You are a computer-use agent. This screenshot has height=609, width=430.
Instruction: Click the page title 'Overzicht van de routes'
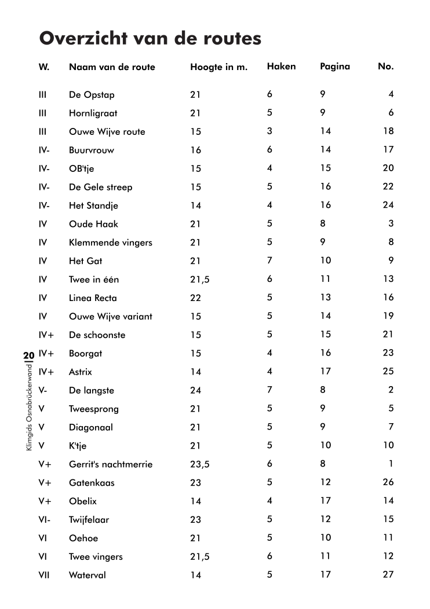(x=150, y=39)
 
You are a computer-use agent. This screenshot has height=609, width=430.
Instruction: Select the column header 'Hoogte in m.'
(x=218, y=67)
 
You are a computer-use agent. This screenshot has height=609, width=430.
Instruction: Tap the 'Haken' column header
(x=281, y=67)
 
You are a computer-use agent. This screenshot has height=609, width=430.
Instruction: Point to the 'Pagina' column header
(x=335, y=67)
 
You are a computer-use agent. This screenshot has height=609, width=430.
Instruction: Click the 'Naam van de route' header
(x=112, y=67)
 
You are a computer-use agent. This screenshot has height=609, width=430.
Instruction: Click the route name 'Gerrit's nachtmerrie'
(x=111, y=464)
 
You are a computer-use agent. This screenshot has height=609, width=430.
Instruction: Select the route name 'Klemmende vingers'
(x=110, y=243)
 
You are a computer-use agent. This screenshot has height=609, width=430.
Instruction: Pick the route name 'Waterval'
(x=88, y=575)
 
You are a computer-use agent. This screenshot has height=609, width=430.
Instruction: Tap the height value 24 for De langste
(x=195, y=391)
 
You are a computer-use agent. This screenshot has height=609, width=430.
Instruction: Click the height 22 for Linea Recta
(x=195, y=298)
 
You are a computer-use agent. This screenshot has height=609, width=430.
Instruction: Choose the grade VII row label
(x=43, y=575)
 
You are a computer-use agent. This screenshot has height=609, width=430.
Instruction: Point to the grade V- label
(x=43, y=391)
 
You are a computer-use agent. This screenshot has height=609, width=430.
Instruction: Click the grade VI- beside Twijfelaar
(x=45, y=520)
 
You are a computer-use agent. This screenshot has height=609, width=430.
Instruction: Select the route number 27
(x=388, y=575)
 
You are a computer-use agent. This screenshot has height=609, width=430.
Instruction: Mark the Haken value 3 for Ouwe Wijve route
(x=269, y=131)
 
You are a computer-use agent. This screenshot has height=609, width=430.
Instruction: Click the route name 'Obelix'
(x=83, y=501)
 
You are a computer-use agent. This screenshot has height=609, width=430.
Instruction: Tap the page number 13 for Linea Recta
(x=325, y=298)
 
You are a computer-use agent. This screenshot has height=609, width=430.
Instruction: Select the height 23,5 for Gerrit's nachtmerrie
(x=199, y=464)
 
